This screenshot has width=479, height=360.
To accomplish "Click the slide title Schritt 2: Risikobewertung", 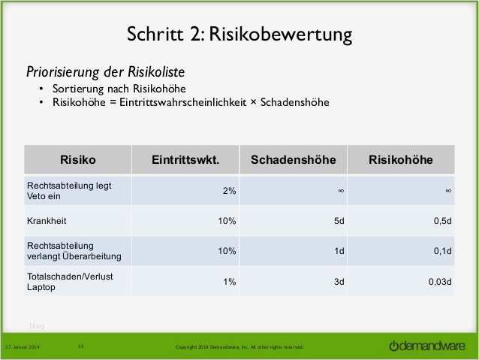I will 239,35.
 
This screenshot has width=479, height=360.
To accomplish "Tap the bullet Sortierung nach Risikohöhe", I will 113,88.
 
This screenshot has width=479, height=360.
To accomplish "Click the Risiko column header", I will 77,159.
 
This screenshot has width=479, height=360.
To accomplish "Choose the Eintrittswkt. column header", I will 185,159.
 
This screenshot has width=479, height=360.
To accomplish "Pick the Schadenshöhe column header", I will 294,159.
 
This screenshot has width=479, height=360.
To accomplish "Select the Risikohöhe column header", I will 401,159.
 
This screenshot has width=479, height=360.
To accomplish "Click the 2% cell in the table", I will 229,192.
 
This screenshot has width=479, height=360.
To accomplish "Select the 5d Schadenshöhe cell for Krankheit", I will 339,221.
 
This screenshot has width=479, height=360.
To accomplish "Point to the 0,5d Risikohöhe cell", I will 442,221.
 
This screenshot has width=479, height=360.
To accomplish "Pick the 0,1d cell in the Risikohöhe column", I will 442,251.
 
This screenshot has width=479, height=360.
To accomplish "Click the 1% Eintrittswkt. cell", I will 229,281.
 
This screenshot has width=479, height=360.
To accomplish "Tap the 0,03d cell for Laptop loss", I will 439,281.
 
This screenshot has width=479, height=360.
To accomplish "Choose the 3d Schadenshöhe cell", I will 339,281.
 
